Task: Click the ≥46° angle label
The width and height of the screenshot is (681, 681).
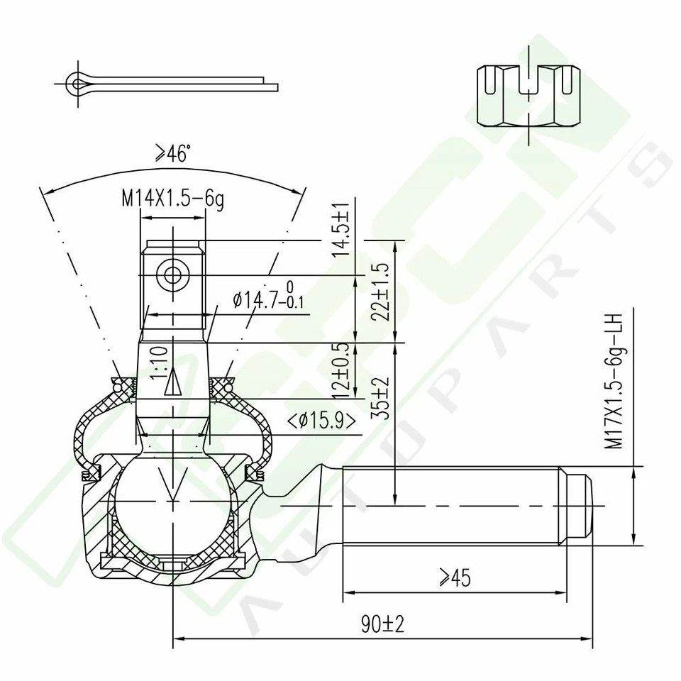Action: [x=173, y=154]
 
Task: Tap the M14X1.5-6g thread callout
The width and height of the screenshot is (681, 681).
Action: [x=172, y=199]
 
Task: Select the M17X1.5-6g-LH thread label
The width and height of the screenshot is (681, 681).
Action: [x=613, y=380]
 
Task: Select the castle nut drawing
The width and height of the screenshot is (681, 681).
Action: [x=528, y=95]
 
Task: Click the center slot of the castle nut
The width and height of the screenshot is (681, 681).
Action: [x=528, y=79]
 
